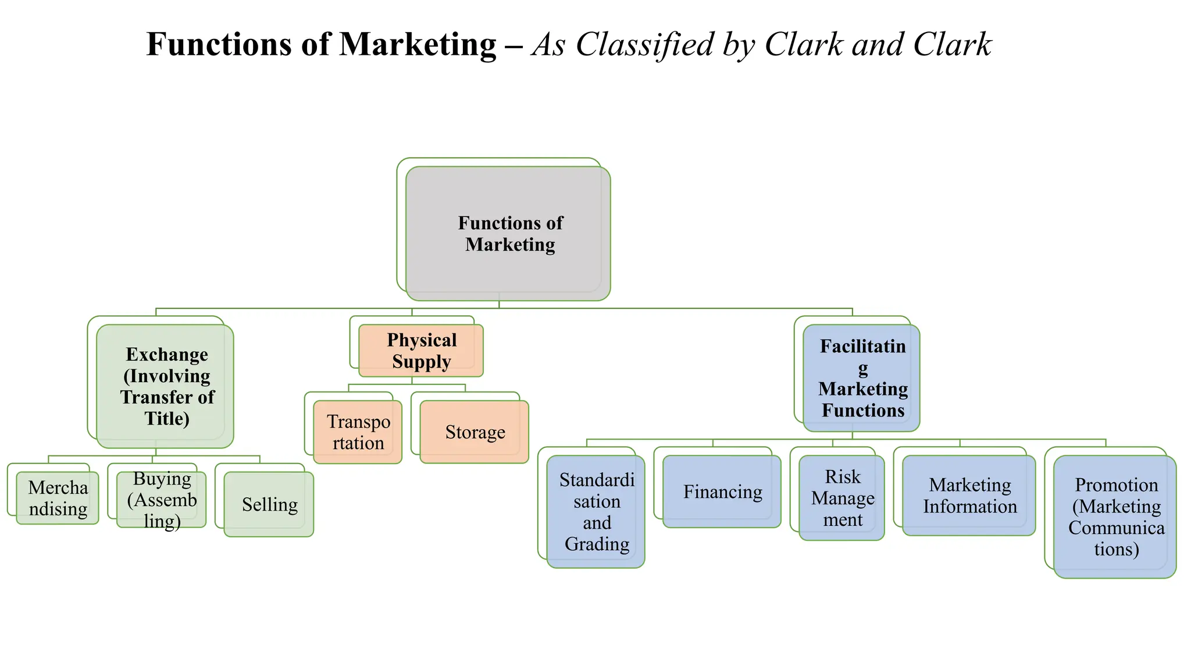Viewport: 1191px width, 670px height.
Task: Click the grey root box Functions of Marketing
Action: pyautogui.click(x=508, y=233)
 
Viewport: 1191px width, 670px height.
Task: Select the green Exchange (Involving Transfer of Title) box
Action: pyautogui.click(x=165, y=386)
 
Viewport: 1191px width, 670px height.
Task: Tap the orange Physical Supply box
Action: pyautogui.click(x=421, y=351)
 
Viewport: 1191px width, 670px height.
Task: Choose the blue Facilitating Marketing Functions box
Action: pyautogui.click(x=861, y=378)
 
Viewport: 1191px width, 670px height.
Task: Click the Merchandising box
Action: pyautogui.click(x=58, y=498)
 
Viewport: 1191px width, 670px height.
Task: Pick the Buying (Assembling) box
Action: pyautogui.click(x=162, y=500)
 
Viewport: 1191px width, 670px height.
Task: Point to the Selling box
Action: pyautogui.click(x=269, y=504)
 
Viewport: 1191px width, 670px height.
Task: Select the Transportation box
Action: pyautogui.click(x=358, y=432)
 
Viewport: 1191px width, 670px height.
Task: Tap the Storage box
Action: pyautogui.click(x=475, y=432)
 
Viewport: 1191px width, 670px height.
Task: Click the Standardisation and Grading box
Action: pyautogui.click(x=596, y=512)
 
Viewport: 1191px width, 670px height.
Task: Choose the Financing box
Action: pyautogui.click(x=722, y=492)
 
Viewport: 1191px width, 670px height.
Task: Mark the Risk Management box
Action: pyautogui.click(x=842, y=498)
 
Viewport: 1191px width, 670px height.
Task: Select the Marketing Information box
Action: pyautogui.click(x=969, y=496)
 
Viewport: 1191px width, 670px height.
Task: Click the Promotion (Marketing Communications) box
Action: pyautogui.click(x=1115, y=516)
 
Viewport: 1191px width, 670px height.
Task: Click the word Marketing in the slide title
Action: pyautogui.click(x=418, y=44)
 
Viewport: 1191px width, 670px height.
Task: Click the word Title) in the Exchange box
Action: pyautogui.click(x=167, y=419)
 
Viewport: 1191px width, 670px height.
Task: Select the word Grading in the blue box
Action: pyautogui.click(x=597, y=544)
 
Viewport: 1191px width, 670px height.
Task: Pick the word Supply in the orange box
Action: pyautogui.click(x=421, y=362)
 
